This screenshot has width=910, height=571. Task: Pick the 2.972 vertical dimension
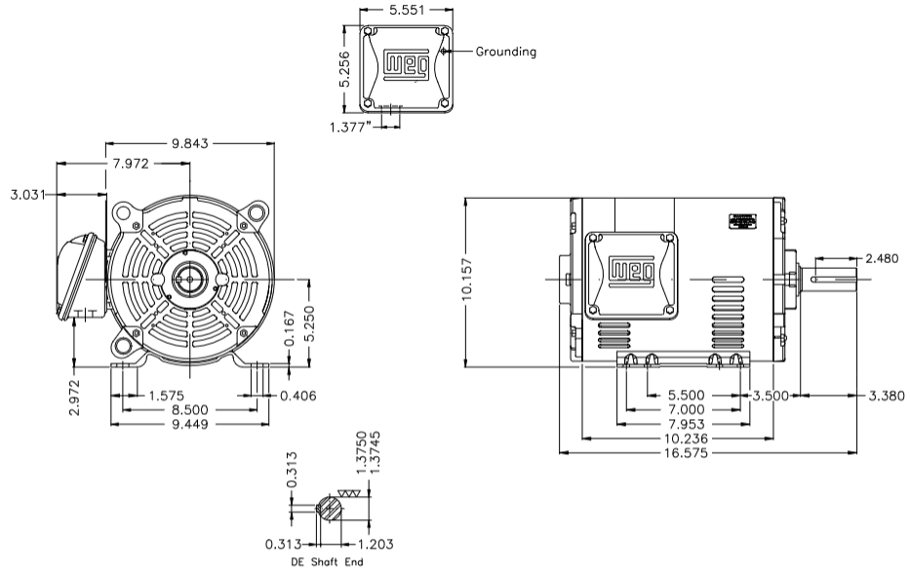point(75,392)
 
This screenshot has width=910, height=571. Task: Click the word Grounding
point(505,52)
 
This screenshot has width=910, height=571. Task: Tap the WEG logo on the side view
point(629,271)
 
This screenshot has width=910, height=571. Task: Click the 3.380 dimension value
point(886,396)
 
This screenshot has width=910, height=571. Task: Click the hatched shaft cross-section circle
point(331,509)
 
